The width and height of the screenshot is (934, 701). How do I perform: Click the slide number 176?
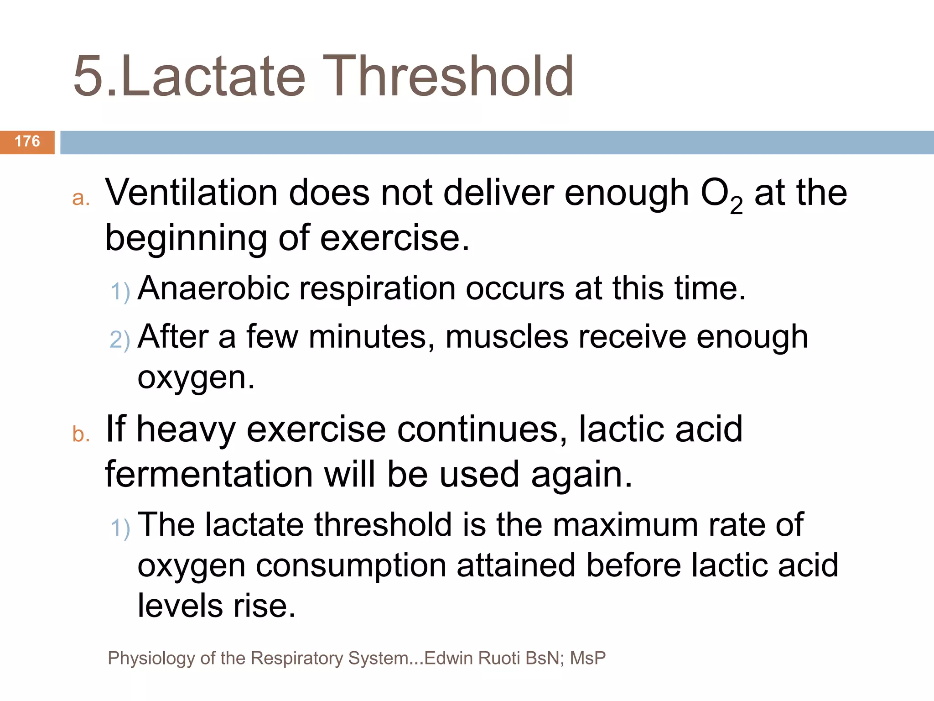27,141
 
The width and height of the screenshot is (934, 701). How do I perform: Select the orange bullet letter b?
80,434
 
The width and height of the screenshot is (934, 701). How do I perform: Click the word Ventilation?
191,193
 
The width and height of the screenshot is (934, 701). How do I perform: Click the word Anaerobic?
213,289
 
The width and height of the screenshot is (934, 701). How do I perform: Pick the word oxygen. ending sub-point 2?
196,378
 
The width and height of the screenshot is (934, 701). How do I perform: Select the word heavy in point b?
186,430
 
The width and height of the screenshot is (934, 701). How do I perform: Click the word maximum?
625,525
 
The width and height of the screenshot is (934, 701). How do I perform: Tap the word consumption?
351,566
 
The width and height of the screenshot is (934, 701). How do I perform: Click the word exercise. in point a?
394,238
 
